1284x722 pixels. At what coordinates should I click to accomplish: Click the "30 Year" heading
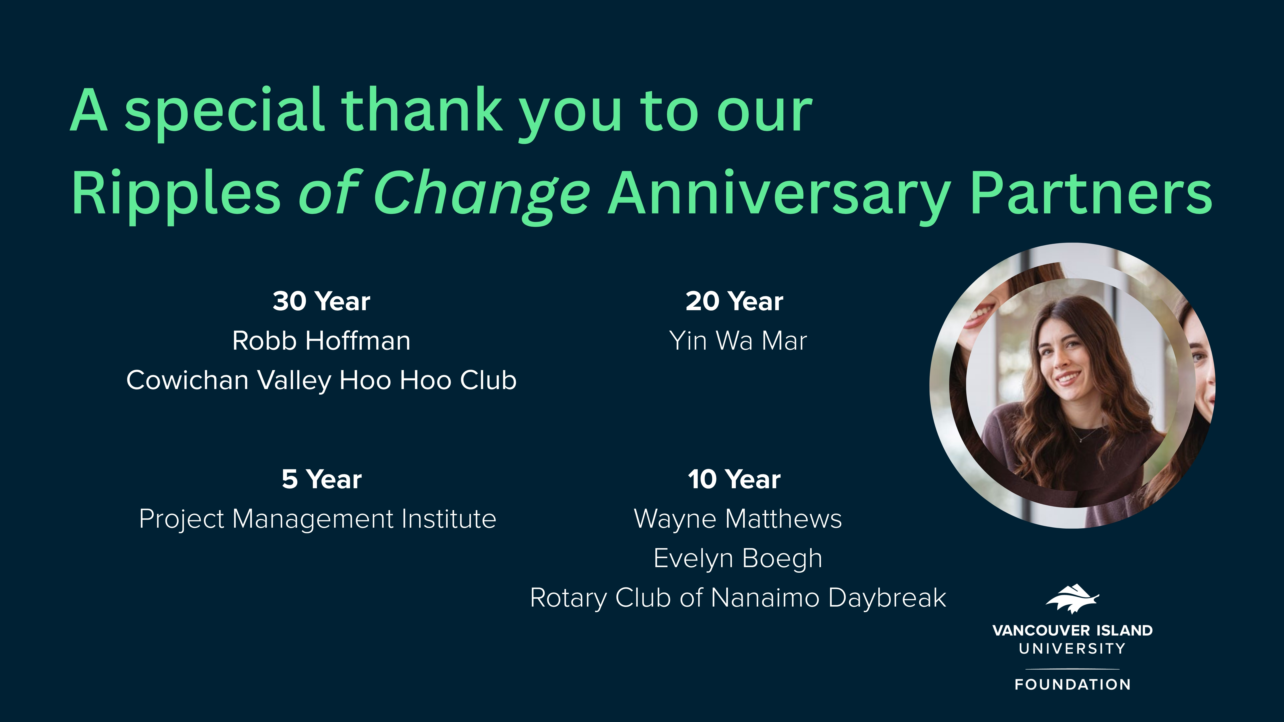[x=321, y=302]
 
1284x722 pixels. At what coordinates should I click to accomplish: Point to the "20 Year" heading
[x=734, y=302]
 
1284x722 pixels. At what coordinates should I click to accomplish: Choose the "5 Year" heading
[x=321, y=479]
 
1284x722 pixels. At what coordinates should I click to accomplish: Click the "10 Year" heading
[x=734, y=479]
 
